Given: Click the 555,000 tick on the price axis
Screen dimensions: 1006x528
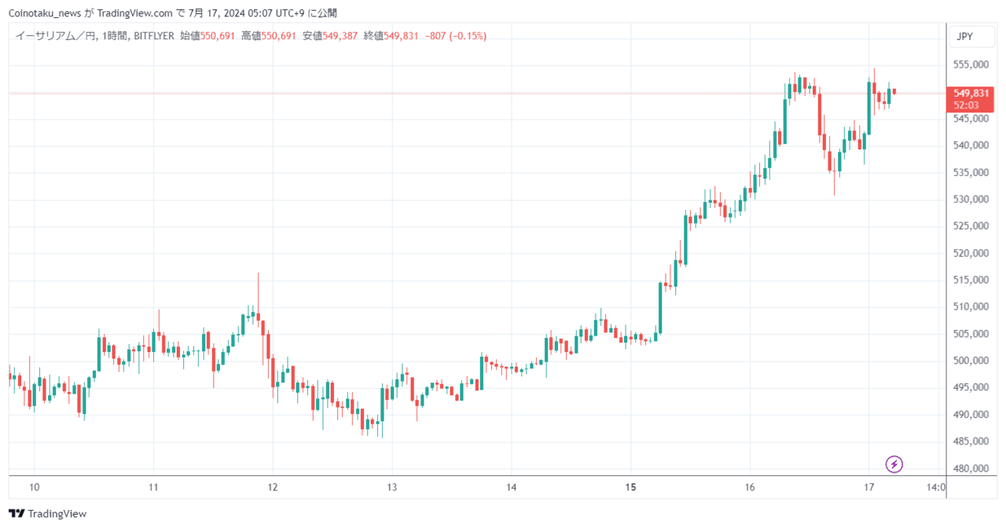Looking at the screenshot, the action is (x=971, y=64).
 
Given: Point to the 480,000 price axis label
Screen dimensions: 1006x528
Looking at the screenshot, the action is (x=971, y=468).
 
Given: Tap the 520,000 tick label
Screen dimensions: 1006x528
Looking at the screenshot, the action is (x=971, y=253).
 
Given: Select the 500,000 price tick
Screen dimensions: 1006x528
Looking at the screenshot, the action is (x=971, y=361).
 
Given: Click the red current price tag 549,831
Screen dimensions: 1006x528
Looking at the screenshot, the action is (x=971, y=93).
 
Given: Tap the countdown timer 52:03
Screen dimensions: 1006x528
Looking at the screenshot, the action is (x=966, y=105).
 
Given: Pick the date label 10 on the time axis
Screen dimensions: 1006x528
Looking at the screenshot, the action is (x=35, y=487).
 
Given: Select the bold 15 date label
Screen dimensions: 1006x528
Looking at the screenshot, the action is (x=630, y=487).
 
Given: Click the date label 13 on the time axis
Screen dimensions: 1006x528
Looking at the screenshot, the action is (x=392, y=487).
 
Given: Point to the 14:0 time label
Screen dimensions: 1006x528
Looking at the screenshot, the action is (x=936, y=487).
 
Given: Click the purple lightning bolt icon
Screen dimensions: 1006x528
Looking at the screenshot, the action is (x=894, y=464).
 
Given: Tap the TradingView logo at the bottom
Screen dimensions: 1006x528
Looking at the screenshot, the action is (x=48, y=513).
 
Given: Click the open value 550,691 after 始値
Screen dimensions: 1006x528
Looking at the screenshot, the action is (x=218, y=36).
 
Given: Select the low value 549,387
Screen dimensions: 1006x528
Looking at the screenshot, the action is (x=340, y=36).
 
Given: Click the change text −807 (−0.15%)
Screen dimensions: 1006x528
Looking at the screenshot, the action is (x=455, y=36).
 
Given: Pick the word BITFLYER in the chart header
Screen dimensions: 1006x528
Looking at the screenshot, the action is (x=154, y=36).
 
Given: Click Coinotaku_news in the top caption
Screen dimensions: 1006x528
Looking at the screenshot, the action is (x=45, y=13).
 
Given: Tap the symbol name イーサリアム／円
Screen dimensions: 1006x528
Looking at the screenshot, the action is (x=55, y=36).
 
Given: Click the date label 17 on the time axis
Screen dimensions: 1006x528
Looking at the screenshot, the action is (x=869, y=487).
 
